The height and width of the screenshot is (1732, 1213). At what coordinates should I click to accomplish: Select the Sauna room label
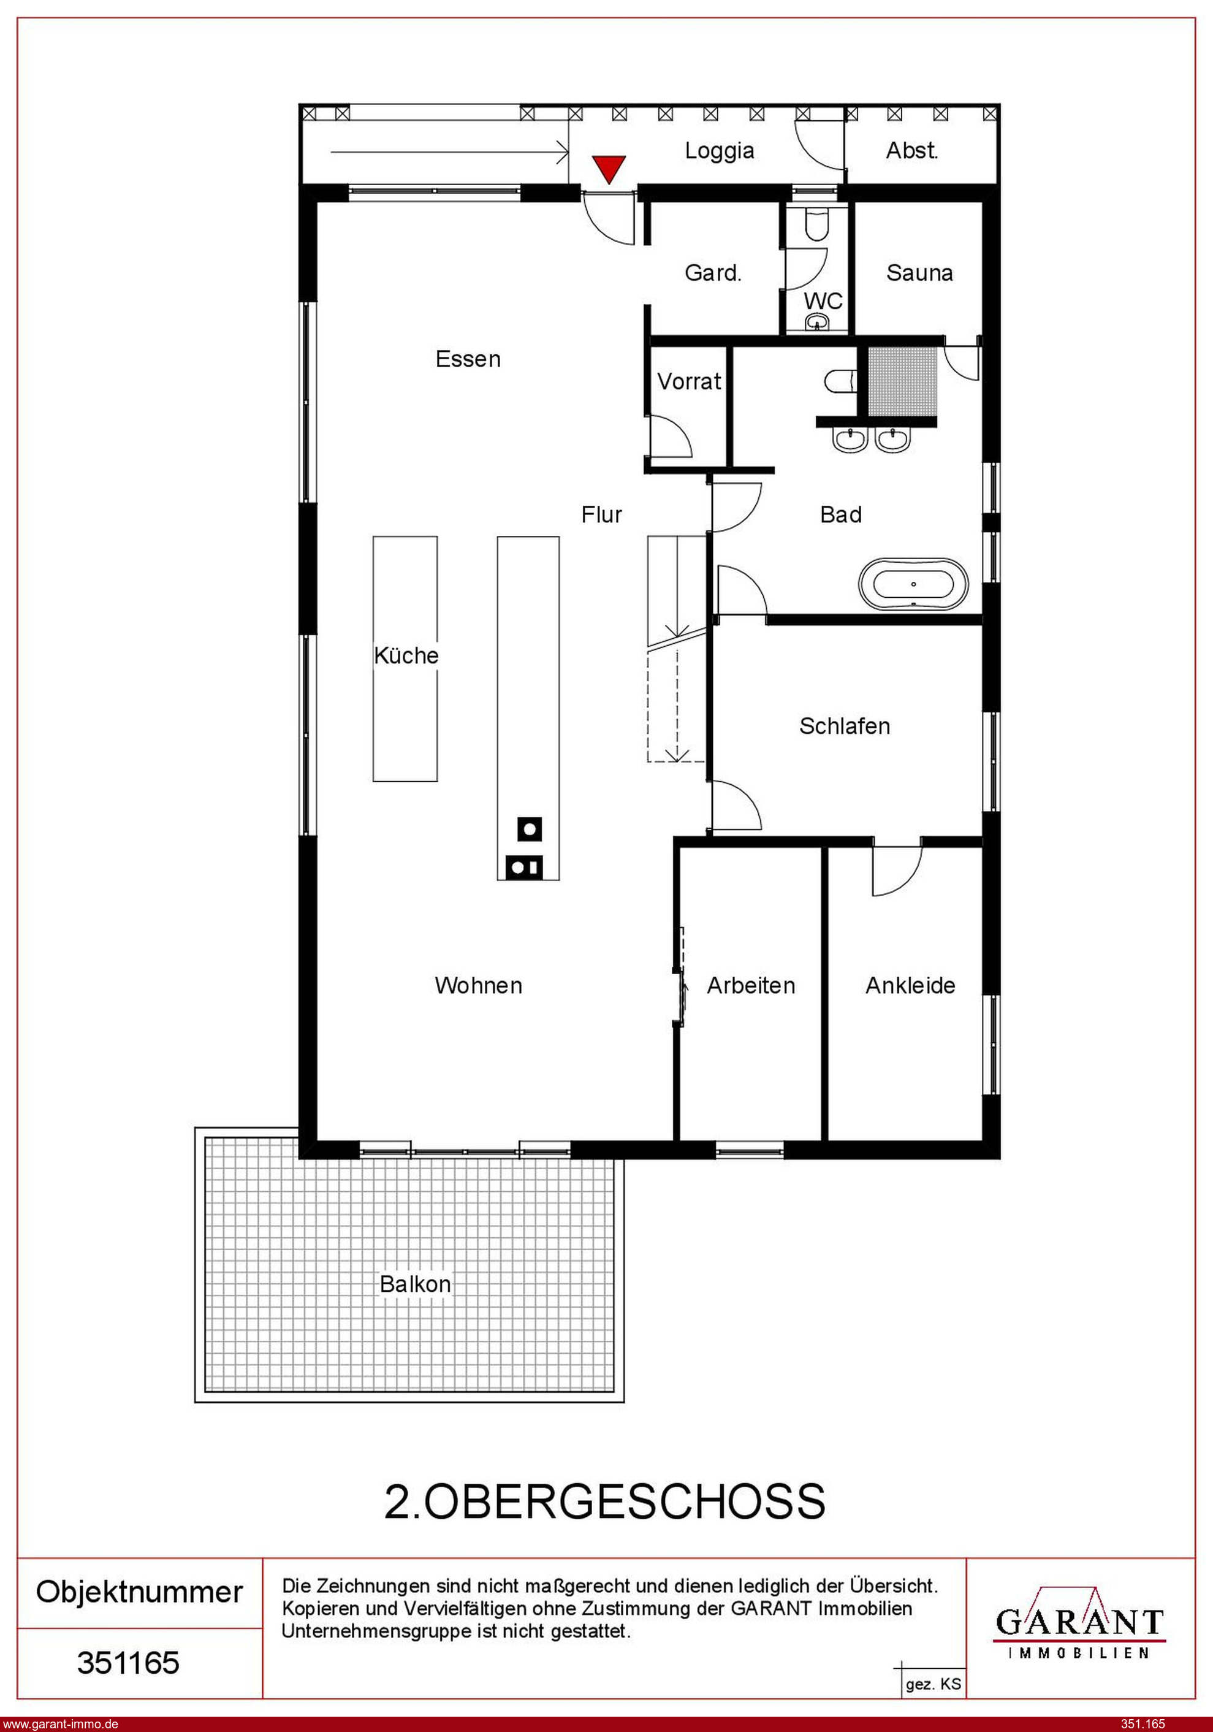tap(919, 272)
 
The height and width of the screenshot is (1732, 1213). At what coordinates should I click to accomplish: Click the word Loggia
tap(720, 151)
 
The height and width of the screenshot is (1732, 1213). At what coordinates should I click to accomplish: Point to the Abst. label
tap(912, 150)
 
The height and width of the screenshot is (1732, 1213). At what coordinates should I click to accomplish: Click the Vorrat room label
tap(690, 382)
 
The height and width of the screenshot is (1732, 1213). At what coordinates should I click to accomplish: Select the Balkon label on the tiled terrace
tap(415, 1284)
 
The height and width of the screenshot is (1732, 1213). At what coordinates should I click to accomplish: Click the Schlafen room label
tap(845, 726)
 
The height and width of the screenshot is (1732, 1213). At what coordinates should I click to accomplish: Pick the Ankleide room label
tap(910, 985)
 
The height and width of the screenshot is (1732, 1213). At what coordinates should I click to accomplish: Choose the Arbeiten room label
tap(751, 985)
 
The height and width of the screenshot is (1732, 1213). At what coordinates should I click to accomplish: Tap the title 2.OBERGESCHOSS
tap(605, 1501)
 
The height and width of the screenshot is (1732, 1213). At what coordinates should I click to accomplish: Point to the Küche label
tap(406, 655)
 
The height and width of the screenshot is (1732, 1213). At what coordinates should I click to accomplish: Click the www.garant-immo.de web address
tap(60, 1723)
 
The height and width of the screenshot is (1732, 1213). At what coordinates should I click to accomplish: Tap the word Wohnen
tap(478, 985)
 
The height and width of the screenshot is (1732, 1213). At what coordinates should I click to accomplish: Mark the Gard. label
tap(713, 272)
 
